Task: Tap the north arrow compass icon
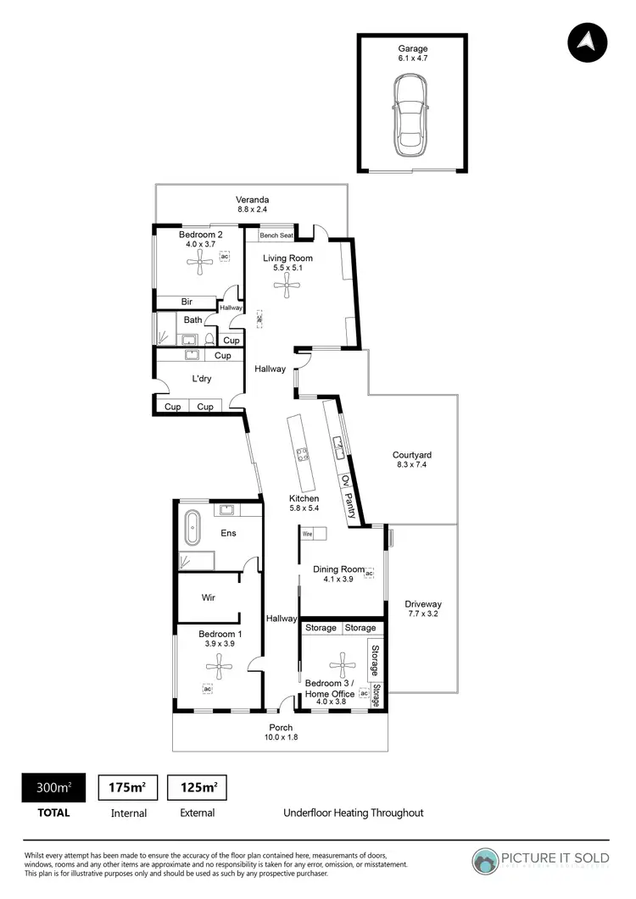click(x=588, y=42)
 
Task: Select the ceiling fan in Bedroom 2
click(x=202, y=264)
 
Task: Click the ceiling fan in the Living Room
click(x=287, y=287)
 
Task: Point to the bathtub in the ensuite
click(x=192, y=528)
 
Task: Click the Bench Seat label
click(x=276, y=235)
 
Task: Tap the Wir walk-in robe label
click(x=208, y=597)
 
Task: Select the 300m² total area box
click(x=52, y=787)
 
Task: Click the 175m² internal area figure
click(x=128, y=787)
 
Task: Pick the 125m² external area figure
click(x=197, y=787)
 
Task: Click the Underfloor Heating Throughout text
click(x=353, y=813)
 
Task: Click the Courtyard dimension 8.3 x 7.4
click(x=413, y=464)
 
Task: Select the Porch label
click(x=281, y=727)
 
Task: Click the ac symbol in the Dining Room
click(x=369, y=574)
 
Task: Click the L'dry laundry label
click(x=201, y=379)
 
